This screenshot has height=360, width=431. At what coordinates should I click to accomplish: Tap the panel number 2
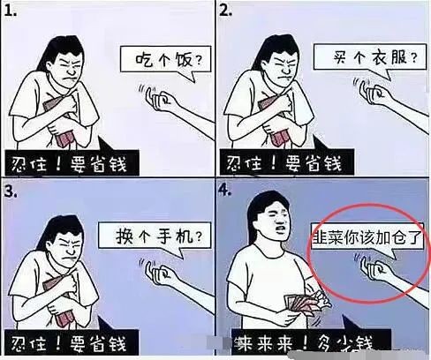(x=225, y=11)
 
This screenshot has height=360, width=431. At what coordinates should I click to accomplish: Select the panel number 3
(x=11, y=191)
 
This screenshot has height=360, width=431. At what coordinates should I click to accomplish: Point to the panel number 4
(x=225, y=191)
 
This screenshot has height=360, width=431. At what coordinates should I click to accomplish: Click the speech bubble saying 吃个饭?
(x=166, y=61)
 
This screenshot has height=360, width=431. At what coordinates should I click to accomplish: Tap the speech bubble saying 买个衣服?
(x=370, y=57)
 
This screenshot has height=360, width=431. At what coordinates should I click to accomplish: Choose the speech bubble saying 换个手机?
(x=155, y=236)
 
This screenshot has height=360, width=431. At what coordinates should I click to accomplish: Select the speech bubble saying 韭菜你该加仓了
(x=367, y=237)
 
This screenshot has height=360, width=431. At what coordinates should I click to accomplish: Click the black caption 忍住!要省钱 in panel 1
(x=72, y=163)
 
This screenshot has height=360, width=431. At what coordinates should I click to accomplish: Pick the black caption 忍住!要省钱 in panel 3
(x=72, y=342)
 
